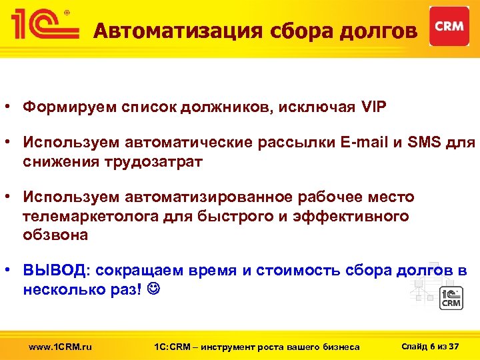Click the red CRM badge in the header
click(449, 26)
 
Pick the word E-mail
click(359, 142)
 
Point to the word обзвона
click(55, 235)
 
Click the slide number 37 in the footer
click(455, 345)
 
